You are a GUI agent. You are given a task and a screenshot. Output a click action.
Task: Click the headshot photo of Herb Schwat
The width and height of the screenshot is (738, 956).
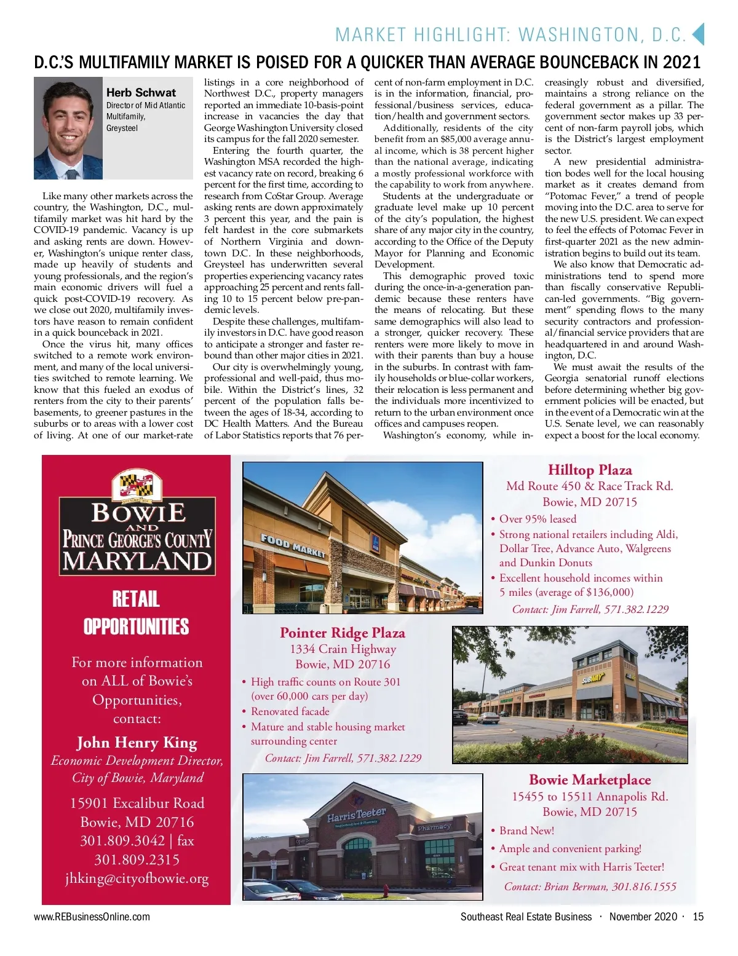(68, 128)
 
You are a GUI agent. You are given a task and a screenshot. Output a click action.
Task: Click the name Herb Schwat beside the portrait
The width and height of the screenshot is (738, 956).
(141, 93)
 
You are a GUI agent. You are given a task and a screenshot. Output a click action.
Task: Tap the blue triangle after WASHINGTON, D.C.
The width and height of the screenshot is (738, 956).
(697, 34)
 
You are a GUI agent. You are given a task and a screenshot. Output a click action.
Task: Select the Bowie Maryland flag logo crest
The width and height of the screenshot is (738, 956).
(137, 484)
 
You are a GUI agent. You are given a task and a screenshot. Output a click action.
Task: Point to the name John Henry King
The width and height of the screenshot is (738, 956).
(137, 743)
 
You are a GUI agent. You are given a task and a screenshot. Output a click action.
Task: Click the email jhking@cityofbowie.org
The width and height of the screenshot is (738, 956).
(137, 879)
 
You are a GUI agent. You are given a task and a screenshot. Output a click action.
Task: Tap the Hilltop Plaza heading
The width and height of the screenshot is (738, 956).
(589, 470)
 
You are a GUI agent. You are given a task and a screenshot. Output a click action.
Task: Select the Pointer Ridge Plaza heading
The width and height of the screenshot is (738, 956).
(343, 633)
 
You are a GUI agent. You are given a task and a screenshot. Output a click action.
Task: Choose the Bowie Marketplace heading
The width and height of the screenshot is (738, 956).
(589, 780)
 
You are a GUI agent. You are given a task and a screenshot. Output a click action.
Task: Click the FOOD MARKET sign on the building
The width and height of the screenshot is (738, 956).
(293, 545)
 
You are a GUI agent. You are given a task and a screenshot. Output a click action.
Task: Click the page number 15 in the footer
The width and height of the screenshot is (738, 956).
(698, 917)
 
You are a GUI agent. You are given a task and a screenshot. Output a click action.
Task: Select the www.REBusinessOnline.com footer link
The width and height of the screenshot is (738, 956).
(92, 917)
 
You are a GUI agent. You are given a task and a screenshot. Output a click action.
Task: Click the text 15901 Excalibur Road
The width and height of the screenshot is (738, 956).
(137, 803)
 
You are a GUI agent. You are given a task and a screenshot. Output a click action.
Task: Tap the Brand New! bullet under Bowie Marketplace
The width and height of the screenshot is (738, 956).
(526, 831)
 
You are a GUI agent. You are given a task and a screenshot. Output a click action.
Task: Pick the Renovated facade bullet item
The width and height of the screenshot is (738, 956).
(290, 711)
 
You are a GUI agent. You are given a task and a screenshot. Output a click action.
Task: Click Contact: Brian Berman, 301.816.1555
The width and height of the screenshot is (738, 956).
(590, 887)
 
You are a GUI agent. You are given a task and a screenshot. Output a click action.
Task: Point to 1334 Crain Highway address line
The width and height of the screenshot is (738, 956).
(343, 649)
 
